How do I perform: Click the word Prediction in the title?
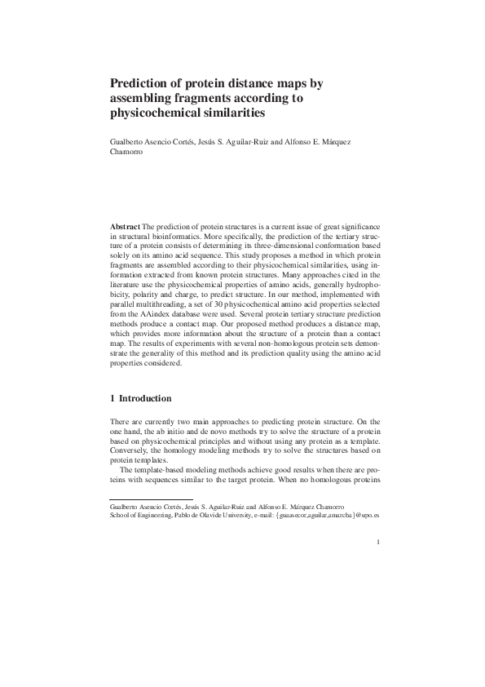click(139, 83)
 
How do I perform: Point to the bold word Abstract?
click(125, 224)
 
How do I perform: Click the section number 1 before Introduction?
click(112, 398)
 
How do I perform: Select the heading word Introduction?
click(145, 398)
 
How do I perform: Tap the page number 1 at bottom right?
click(380, 541)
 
